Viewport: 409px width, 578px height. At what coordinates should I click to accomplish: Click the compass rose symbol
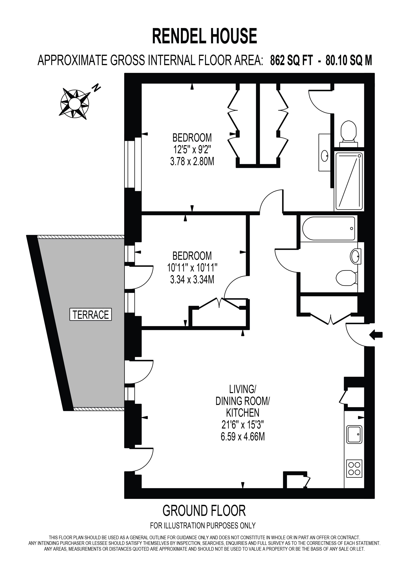(x=75, y=103)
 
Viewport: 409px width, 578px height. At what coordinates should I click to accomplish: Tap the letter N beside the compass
(x=97, y=88)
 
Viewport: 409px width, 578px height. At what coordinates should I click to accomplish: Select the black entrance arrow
(x=376, y=335)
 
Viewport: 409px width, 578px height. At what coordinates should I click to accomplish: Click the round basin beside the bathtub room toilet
(x=356, y=256)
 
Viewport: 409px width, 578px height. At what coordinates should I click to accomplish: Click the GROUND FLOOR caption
(x=204, y=511)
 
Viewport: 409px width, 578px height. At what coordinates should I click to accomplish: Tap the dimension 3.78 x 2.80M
(x=192, y=161)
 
